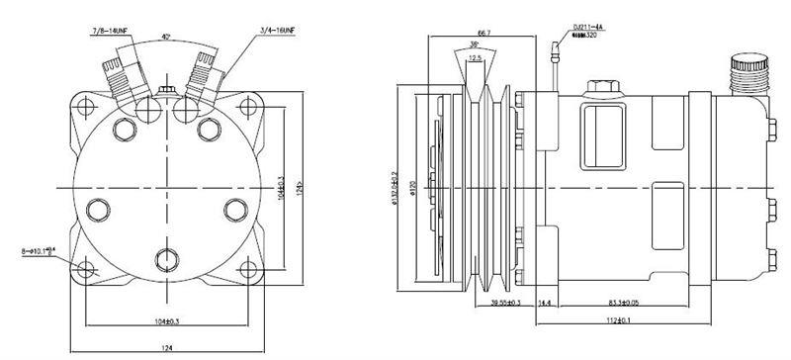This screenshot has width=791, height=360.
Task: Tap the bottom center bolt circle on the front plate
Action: coord(166,260)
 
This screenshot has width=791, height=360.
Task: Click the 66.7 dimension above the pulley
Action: coord(484,32)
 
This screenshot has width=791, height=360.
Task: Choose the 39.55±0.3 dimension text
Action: coord(506,305)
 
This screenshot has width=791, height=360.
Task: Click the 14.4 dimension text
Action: coord(545,305)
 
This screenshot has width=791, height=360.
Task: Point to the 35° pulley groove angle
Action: coord(476,45)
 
